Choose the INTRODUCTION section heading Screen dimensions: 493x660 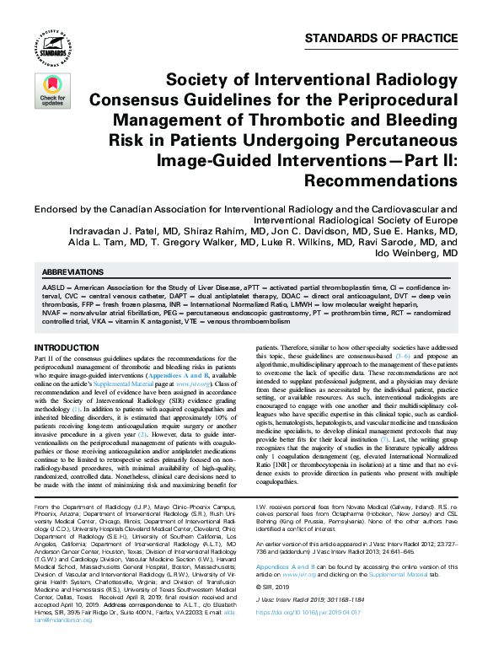tap(67, 347)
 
